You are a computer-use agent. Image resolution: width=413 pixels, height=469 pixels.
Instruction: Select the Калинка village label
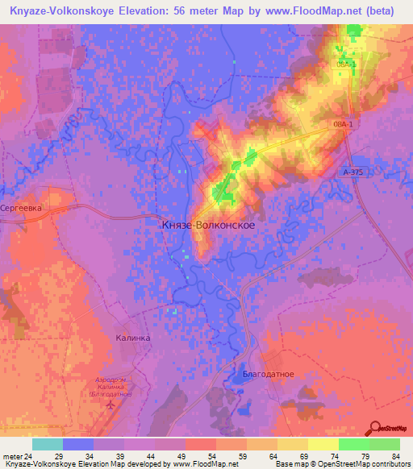click(x=132, y=338)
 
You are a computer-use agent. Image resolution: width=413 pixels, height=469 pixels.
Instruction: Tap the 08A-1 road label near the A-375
click(x=343, y=125)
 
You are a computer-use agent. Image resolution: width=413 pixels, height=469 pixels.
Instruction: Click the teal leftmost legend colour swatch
click(x=48, y=444)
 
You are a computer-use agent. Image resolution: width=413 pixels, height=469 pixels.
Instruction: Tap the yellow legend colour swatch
click(x=323, y=444)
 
